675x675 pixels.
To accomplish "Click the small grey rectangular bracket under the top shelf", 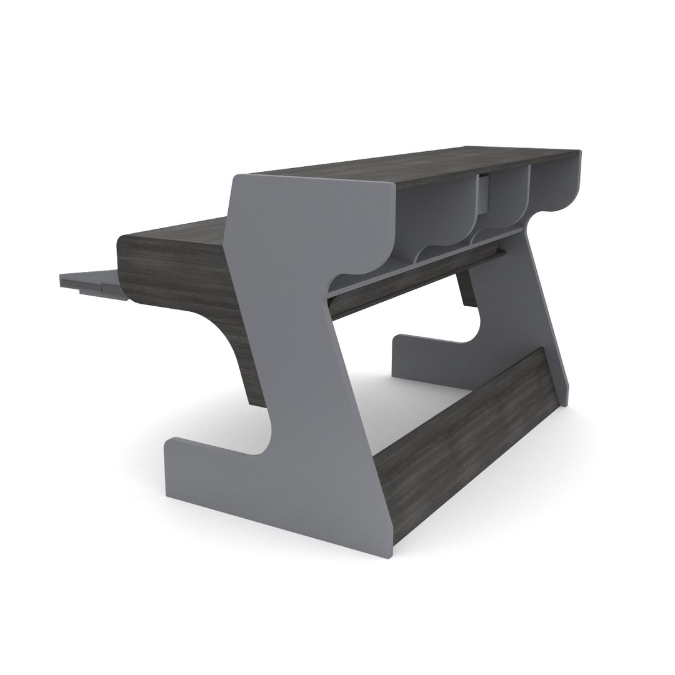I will tap(483, 193).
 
